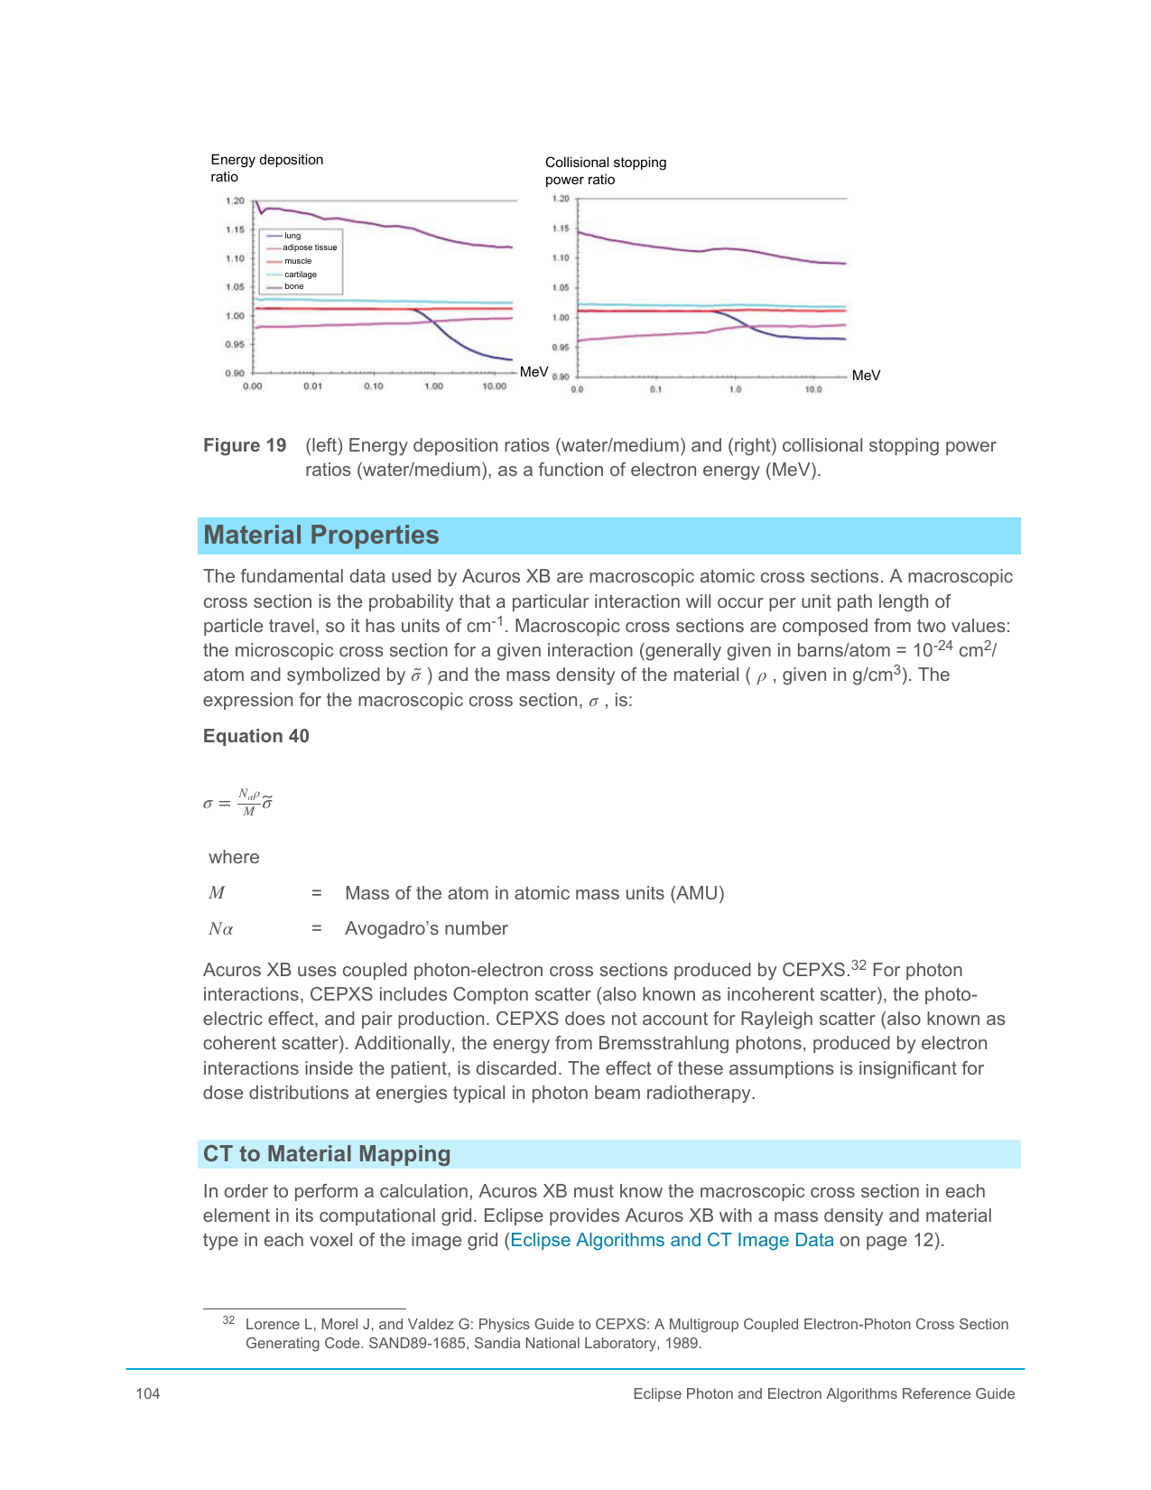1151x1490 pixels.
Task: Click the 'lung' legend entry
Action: coord(292,236)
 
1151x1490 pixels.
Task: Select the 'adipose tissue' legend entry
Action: coord(310,247)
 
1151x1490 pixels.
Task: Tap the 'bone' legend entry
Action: coord(294,286)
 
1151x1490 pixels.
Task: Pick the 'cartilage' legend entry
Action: coord(301,275)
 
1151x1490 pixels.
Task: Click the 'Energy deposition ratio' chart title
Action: coord(266,168)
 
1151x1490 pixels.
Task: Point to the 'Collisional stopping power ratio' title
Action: coord(606,171)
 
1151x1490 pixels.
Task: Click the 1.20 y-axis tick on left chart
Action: coord(235,201)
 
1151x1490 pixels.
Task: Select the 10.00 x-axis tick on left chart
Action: coord(494,386)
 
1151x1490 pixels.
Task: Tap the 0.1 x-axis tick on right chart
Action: coord(655,389)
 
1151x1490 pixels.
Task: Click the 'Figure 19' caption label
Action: coord(245,445)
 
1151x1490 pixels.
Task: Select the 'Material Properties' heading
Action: coord(321,535)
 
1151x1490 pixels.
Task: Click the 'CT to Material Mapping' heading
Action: coord(327,1154)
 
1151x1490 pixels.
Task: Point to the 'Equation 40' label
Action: coord(256,736)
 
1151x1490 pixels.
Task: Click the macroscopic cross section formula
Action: coord(238,802)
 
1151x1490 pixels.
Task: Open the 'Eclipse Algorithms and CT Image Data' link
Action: coord(672,1240)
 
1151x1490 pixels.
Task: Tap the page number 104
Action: coord(148,1393)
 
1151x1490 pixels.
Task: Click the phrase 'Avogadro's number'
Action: coord(426,928)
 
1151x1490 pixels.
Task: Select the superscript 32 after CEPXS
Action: coord(859,965)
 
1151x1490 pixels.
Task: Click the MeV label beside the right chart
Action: coord(866,376)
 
